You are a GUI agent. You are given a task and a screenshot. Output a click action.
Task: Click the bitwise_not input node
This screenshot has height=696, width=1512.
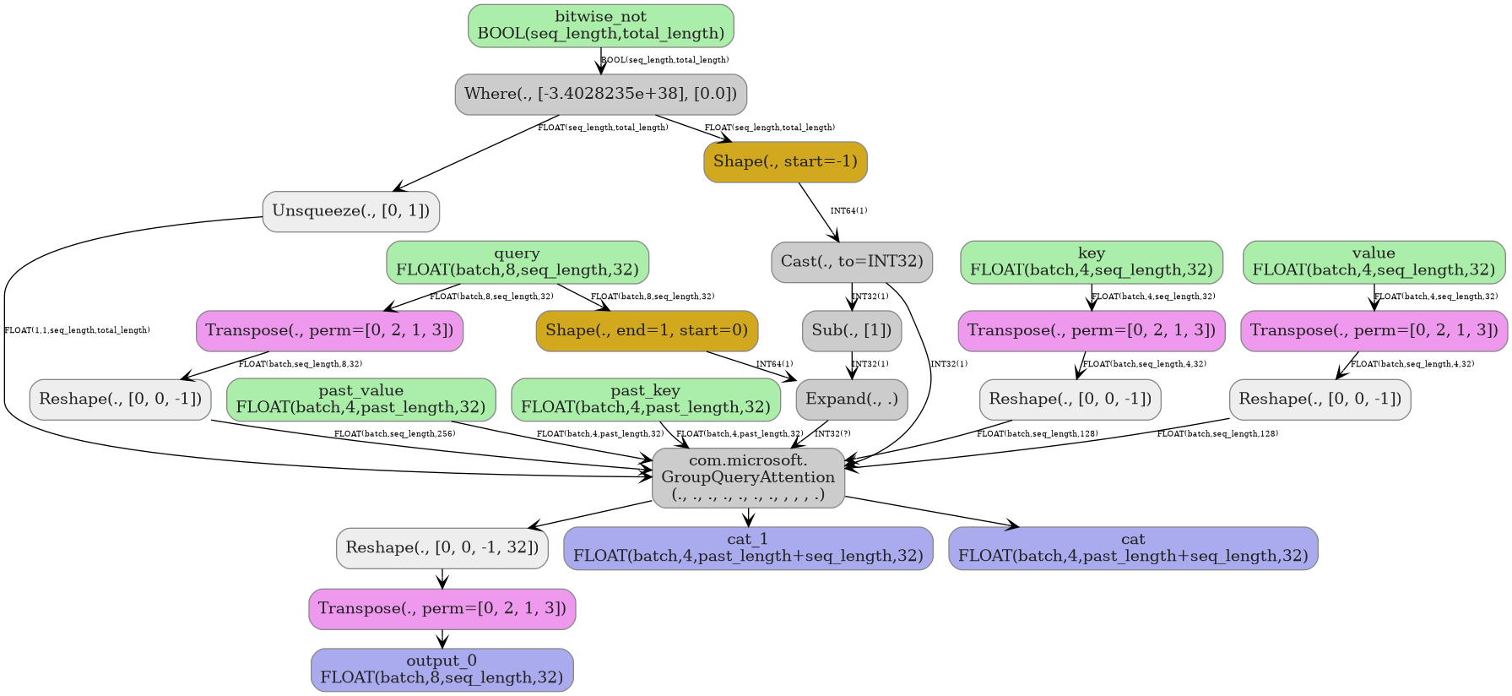(x=600, y=25)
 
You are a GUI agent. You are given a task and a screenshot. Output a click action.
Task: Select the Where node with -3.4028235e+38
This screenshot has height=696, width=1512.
(x=600, y=94)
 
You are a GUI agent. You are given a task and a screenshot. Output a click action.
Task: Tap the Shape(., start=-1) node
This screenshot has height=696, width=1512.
(x=784, y=161)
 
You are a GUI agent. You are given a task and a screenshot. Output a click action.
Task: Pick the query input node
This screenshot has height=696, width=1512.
(x=517, y=262)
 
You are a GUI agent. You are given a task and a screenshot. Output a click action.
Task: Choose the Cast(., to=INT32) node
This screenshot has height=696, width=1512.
(x=851, y=262)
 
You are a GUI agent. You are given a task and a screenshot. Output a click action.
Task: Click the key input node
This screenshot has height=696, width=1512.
(x=1091, y=262)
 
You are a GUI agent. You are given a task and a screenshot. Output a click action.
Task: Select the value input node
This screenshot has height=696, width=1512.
(x=1373, y=262)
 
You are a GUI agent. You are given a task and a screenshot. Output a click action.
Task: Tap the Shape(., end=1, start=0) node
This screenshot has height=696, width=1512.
(x=647, y=330)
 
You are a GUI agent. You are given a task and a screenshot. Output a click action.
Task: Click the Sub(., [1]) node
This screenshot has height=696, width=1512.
(x=851, y=330)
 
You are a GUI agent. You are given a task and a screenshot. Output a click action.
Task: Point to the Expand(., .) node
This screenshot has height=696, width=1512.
(x=851, y=399)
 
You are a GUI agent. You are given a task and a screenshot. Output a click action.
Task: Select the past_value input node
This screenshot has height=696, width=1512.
(x=360, y=399)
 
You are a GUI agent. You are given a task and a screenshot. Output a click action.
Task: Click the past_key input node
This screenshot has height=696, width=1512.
(x=645, y=399)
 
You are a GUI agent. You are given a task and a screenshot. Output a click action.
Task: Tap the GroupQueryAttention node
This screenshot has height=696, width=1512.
(x=748, y=477)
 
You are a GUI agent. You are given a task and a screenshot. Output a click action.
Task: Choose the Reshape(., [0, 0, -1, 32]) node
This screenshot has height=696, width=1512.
(x=442, y=547)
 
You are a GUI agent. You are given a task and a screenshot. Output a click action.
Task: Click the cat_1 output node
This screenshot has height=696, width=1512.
(x=747, y=547)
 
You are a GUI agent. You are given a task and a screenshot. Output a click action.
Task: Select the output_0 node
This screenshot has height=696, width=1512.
(x=442, y=669)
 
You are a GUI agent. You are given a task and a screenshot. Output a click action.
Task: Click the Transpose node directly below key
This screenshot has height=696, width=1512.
(x=1091, y=330)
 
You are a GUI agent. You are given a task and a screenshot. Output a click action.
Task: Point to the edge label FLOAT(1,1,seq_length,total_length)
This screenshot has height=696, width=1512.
(x=77, y=330)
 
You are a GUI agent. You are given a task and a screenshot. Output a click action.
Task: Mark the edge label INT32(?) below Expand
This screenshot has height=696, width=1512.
(x=832, y=434)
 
